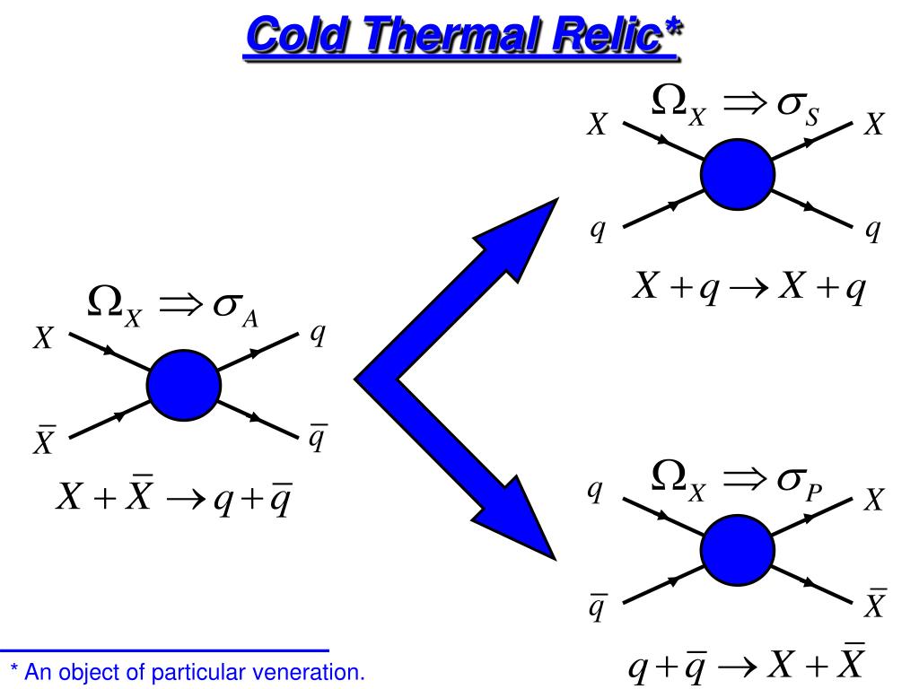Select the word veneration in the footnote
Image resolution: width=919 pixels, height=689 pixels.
pos(308,672)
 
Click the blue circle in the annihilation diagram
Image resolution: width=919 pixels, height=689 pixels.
pos(183,385)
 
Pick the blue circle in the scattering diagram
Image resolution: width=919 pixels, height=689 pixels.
pos(738,174)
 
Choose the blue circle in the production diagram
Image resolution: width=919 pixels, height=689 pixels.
pos(738,550)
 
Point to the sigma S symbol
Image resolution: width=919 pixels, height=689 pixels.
pos(798,109)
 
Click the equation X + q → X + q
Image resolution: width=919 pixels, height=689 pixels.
pos(748,288)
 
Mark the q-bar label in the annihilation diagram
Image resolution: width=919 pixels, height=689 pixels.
pos(318,437)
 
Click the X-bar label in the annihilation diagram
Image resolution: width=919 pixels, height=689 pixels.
pos(44,440)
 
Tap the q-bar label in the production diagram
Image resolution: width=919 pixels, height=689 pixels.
pos(597,606)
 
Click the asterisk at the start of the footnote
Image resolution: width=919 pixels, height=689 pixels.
pos(14,668)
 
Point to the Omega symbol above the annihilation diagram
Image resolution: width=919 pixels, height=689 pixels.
pos(106,301)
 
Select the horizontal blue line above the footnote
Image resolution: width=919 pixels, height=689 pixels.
pos(165,650)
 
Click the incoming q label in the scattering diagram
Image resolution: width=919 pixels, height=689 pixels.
pos(597,231)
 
